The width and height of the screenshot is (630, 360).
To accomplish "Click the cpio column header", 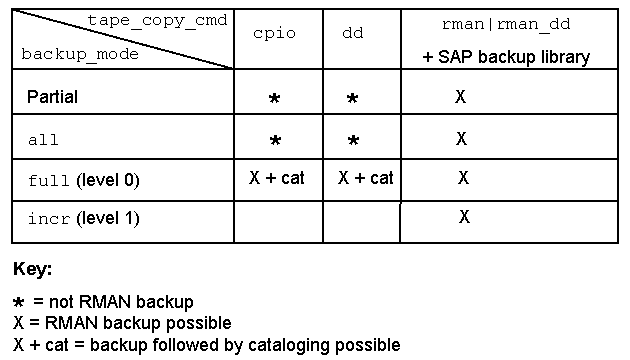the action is click(x=274, y=34).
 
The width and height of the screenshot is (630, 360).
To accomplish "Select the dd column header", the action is click(x=353, y=33).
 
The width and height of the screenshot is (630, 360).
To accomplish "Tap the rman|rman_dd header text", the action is click(x=506, y=25).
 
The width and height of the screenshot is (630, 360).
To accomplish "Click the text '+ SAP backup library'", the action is click(x=506, y=57).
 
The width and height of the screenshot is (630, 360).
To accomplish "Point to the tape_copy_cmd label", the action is click(x=158, y=20).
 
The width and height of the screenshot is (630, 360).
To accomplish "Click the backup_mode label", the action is click(x=80, y=54).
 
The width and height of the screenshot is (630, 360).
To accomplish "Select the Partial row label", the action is click(x=52, y=97).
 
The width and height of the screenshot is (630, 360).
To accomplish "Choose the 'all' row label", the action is click(x=43, y=140).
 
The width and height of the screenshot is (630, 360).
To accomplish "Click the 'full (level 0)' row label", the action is click(x=84, y=180).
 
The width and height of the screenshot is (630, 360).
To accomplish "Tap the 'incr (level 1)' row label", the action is click(x=84, y=219).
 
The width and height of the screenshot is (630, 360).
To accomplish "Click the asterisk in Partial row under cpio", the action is click(x=274, y=98).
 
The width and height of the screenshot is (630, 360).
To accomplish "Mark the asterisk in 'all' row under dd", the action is click(x=354, y=140).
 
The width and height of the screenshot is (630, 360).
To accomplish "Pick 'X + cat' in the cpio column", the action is click(x=277, y=178).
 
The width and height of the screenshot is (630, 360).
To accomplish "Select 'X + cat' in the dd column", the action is click(x=366, y=178).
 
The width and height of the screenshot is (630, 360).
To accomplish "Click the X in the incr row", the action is click(x=464, y=217).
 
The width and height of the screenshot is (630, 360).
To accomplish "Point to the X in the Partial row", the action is click(x=460, y=96).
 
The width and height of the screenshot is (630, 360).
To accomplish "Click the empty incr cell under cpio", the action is click(x=278, y=222).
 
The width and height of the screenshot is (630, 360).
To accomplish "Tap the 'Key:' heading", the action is click(x=33, y=269).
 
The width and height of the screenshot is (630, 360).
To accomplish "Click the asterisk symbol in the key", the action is click(x=18, y=302).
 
